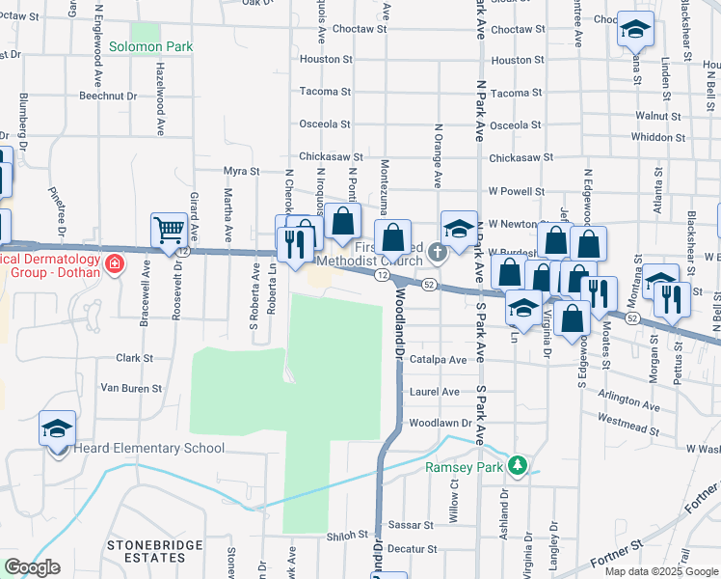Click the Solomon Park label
tap(150, 46)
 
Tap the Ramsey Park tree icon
tap(519, 466)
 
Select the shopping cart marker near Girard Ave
tap(169, 231)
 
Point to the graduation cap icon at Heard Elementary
tap(57, 427)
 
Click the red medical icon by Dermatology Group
tap(115, 262)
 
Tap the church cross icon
tap(438, 254)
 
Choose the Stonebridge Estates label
tap(154, 551)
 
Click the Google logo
tap(33, 567)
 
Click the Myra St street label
tap(242, 171)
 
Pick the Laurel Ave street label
tap(435, 392)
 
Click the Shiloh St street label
tap(349, 535)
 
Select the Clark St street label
tap(135, 358)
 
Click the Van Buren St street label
tap(131, 388)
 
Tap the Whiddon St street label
tap(657, 137)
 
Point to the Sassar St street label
tap(412, 525)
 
